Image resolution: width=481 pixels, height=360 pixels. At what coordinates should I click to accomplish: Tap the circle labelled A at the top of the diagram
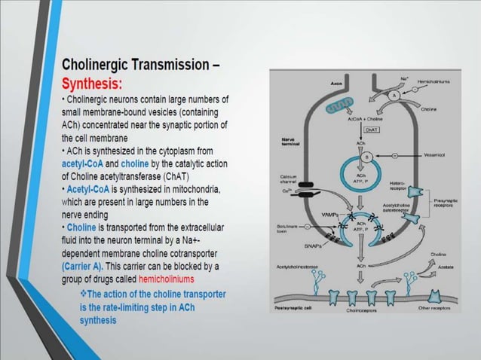(393, 97)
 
